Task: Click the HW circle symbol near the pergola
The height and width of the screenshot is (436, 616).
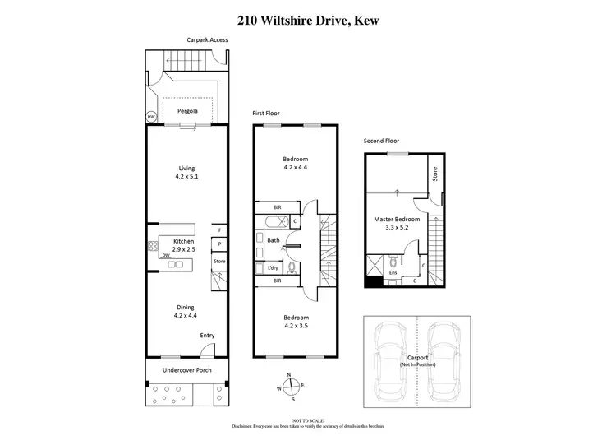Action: point(151,118)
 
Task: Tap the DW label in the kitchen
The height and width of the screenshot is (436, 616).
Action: point(165,255)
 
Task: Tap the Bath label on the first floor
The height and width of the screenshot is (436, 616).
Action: point(274,240)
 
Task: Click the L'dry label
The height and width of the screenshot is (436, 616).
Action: point(273,268)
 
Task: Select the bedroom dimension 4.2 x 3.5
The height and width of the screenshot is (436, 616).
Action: point(296,327)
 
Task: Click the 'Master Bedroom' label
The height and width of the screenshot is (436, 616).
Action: point(398,220)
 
